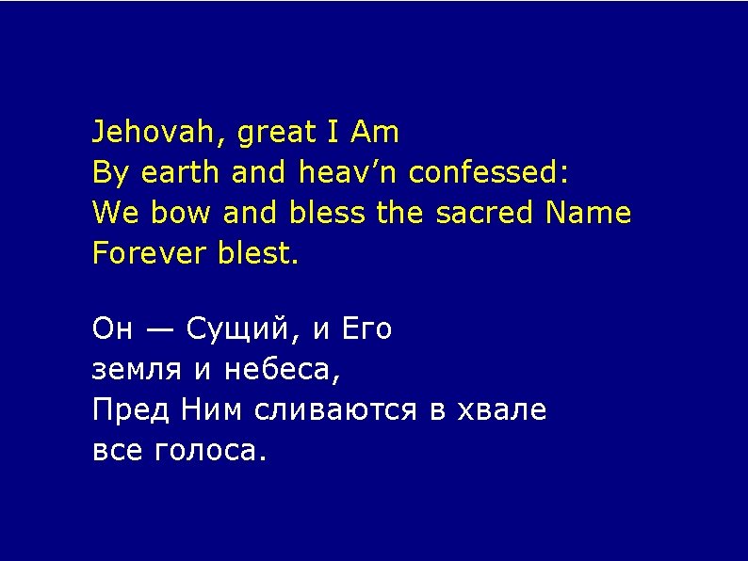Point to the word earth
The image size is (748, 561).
(x=180, y=174)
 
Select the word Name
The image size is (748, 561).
(x=589, y=214)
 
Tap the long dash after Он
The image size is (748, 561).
(x=159, y=331)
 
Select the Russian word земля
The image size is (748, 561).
(x=138, y=371)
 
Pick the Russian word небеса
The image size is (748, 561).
(x=280, y=372)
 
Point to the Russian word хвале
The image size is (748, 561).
(x=501, y=411)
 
